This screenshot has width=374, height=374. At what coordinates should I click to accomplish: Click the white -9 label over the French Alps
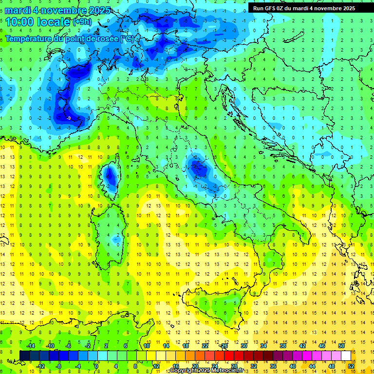tap(69, 118)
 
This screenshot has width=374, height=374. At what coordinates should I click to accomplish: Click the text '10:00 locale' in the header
tap(38, 21)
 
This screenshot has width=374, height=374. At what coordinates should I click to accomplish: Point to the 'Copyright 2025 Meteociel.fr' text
tap(207, 371)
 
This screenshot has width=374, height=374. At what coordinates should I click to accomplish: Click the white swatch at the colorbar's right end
tap(346, 355)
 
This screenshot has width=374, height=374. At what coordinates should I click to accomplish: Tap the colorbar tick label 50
tap(341, 345)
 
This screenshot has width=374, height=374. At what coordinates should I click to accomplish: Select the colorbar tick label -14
tap(30, 345)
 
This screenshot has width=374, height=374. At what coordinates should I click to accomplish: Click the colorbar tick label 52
tap(351, 366)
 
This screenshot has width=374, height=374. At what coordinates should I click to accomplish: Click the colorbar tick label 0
tap(96, 366)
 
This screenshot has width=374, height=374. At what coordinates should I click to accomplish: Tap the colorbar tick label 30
tap(244, 345)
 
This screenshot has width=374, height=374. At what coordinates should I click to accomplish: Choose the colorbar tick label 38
tap(283, 345)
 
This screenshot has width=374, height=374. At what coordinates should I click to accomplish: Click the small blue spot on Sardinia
tap(115, 239)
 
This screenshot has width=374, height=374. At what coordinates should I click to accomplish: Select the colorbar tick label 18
tap(186, 345)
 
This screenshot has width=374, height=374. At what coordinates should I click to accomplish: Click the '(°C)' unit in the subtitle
tap(127, 38)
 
